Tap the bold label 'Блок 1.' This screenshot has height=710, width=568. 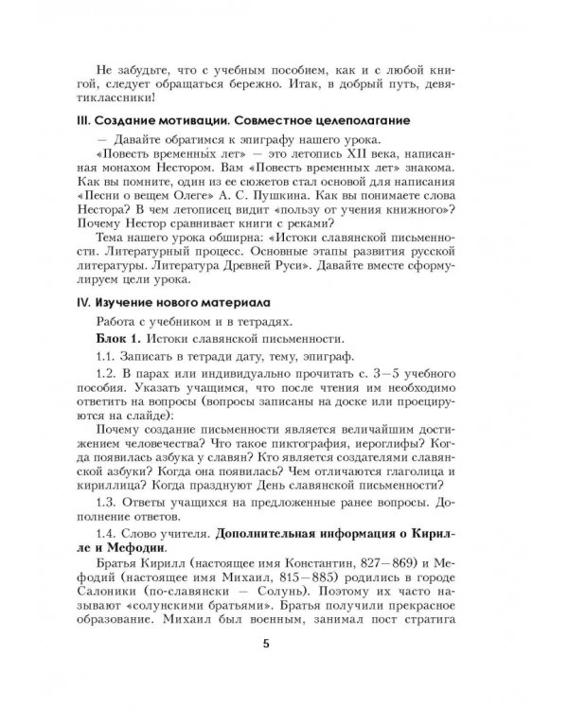click(x=118, y=337)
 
